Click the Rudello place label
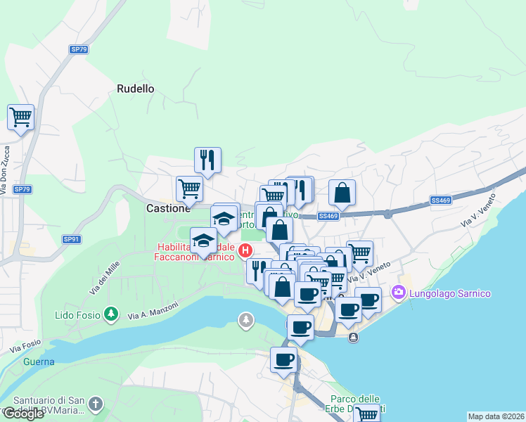click(x=135, y=89)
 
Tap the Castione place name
click(x=168, y=209)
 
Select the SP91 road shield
click(x=72, y=239)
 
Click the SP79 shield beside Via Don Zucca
click(x=23, y=189)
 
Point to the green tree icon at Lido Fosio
click(x=110, y=313)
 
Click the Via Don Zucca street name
click(x=7, y=169)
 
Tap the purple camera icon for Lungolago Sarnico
click(x=399, y=291)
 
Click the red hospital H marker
click(x=245, y=250)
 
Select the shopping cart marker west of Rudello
click(x=21, y=117)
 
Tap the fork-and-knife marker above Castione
click(x=207, y=160)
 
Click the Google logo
click(x=24, y=414)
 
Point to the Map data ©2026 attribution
click(x=496, y=416)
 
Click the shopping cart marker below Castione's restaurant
click(x=189, y=188)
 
